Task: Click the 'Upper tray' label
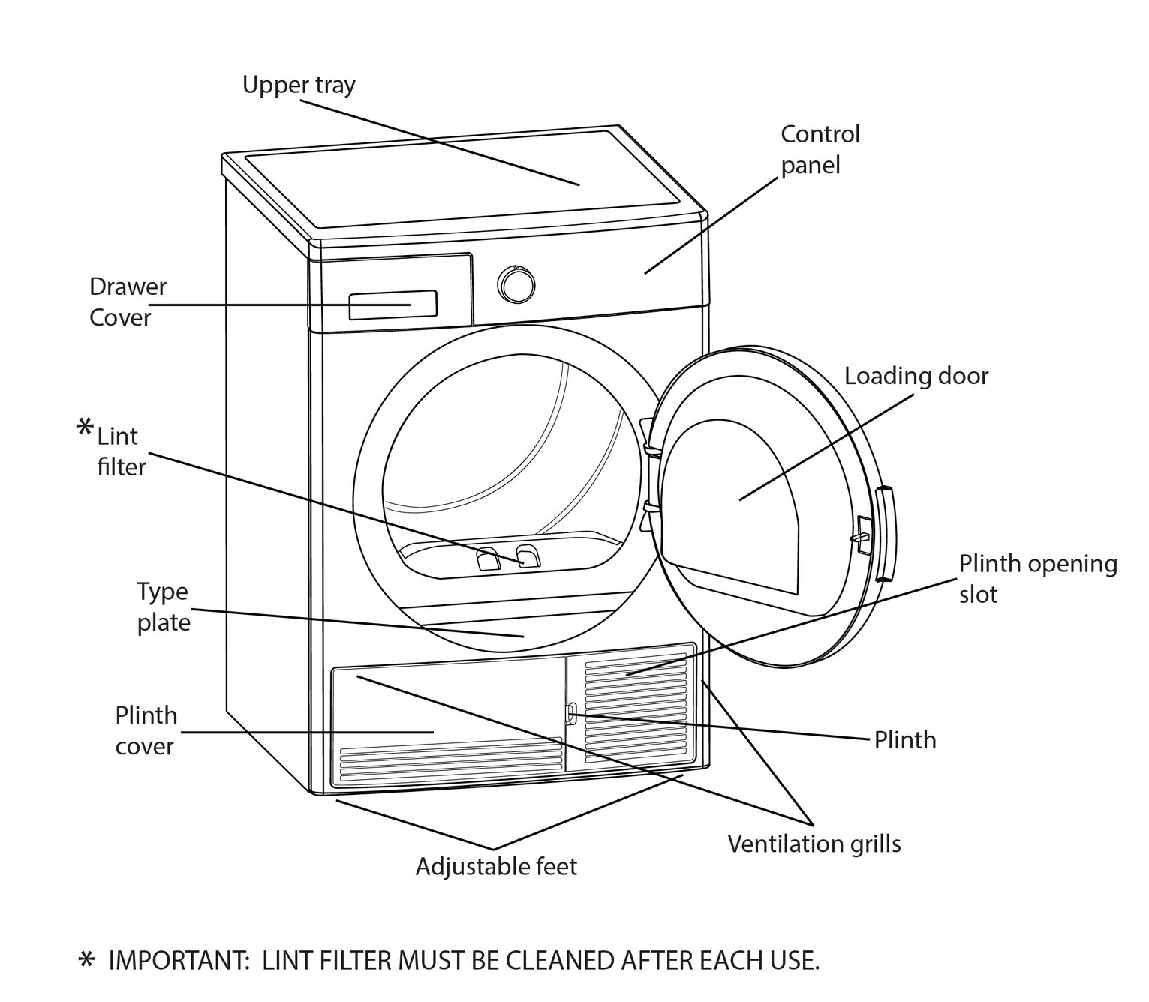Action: [299, 85]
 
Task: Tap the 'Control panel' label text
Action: [820, 149]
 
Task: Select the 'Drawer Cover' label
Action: [128, 301]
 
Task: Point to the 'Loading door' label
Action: [916, 376]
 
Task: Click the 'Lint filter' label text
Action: [121, 451]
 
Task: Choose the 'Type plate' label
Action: [163, 607]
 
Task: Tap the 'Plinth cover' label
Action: [146, 730]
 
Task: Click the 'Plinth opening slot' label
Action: [1037, 578]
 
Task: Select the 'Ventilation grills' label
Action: [814, 844]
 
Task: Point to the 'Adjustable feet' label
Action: [496, 866]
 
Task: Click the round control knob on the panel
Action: [516, 284]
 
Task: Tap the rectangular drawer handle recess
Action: [393, 304]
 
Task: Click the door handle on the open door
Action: [886, 533]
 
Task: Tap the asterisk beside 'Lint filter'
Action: [86, 429]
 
